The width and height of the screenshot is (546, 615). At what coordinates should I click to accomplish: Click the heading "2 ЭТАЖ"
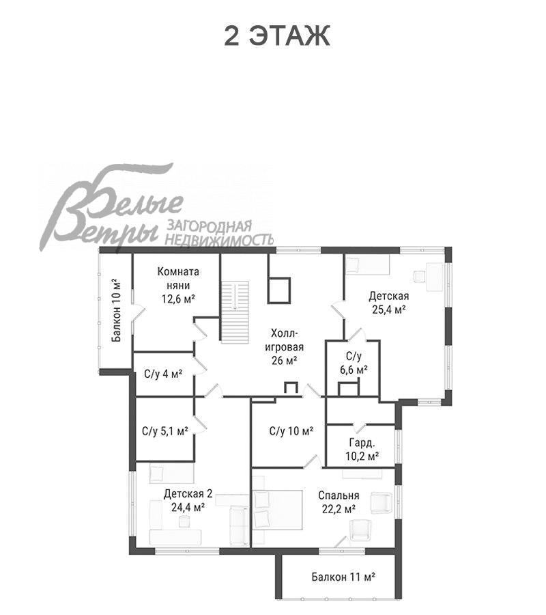click(277, 36)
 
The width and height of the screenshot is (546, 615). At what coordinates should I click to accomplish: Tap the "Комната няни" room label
click(178, 278)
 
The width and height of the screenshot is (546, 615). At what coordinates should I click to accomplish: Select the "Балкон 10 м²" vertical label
click(116, 310)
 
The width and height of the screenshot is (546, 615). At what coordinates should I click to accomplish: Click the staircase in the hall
click(235, 312)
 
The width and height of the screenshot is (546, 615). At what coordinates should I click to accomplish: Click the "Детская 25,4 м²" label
click(388, 303)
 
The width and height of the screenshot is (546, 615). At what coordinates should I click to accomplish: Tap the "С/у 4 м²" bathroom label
click(163, 374)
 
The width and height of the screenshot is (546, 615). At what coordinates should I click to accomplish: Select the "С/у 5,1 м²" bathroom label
click(165, 431)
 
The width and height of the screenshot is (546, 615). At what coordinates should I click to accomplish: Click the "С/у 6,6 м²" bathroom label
click(354, 363)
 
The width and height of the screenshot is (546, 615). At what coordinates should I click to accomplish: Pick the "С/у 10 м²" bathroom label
click(291, 431)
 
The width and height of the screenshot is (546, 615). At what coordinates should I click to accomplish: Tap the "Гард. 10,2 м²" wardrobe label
click(362, 450)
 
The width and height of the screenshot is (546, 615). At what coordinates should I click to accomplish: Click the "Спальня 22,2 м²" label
click(339, 502)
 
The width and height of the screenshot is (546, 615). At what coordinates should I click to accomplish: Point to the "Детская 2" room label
click(188, 493)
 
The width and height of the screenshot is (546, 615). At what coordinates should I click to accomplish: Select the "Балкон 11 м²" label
click(343, 577)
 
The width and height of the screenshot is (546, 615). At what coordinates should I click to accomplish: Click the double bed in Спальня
click(278, 510)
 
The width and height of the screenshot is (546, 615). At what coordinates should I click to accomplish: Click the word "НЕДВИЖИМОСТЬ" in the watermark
click(219, 239)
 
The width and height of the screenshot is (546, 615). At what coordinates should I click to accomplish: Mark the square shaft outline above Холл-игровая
click(279, 290)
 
